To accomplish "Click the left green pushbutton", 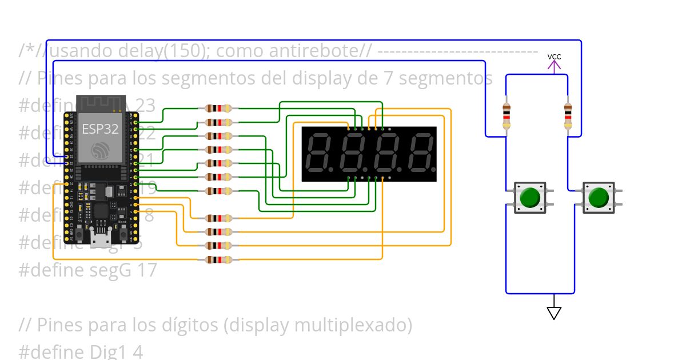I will pyautogui.click(x=530, y=198).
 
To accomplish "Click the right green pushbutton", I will pyautogui.click(x=599, y=198).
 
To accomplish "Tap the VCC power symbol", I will pyautogui.click(x=554, y=63).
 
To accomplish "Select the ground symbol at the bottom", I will pyautogui.click(x=553, y=312).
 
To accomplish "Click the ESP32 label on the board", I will pyautogui.click(x=100, y=129).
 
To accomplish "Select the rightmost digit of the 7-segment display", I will pyautogui.click(x=420, y=154).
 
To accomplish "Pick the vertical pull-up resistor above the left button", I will pyautogui.click(x=506, y=116).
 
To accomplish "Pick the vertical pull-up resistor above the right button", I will pyautogui.click(x=568, y=116).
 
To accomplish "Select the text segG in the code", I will pyautogui.click(x=97, y=270).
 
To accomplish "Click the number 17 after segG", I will pyautogui.click(x=146, y=270).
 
